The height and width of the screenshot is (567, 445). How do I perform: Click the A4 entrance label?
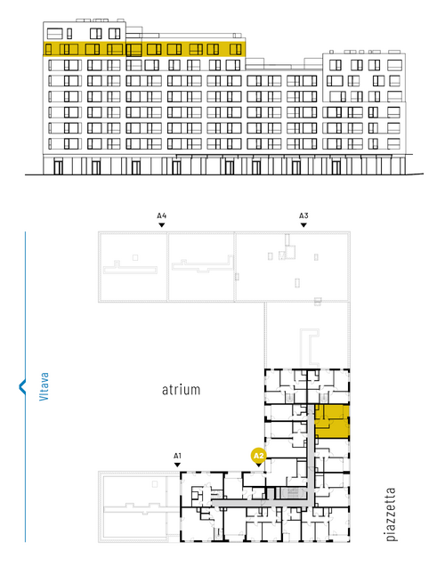162,216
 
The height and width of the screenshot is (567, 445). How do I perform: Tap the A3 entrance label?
303,216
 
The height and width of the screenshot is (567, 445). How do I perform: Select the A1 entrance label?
177,456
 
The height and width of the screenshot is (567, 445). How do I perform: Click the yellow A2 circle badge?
258,456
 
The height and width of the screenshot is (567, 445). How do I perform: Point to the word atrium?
181,390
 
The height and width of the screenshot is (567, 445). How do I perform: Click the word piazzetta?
391,514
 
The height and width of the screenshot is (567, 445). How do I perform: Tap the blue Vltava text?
44,386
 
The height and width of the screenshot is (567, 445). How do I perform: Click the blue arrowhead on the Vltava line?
22,387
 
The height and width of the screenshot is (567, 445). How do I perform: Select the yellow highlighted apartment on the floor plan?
332,422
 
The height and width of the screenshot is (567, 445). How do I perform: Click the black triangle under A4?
162,225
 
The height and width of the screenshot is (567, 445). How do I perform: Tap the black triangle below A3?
303,225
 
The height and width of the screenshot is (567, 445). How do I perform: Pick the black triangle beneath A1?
177,465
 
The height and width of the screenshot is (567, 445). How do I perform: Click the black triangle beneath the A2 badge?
258,465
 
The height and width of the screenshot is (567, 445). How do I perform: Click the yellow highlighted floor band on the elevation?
144,49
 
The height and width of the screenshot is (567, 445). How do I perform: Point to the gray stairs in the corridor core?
290,493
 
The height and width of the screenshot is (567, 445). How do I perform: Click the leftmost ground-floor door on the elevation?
58,167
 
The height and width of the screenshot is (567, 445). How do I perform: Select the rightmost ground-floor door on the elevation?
336,167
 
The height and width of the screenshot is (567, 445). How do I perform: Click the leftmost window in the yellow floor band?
49,50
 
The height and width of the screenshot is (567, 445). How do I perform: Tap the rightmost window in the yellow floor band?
236,49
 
